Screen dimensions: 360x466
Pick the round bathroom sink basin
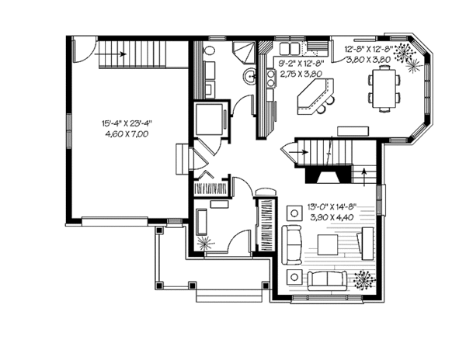tap(250, 76)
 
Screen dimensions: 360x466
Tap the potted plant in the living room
tap(361, 279)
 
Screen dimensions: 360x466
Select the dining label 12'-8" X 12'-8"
tap(370, 48)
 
